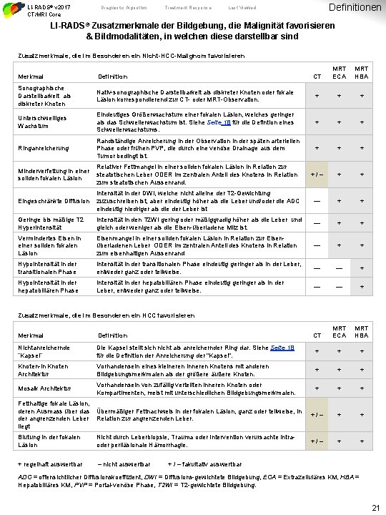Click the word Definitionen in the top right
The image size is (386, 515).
click(355, 8)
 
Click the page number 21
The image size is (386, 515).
click(375, 507)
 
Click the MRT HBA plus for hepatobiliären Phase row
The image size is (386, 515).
click(362, 287)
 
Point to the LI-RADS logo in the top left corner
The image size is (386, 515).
click(12, 9)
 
